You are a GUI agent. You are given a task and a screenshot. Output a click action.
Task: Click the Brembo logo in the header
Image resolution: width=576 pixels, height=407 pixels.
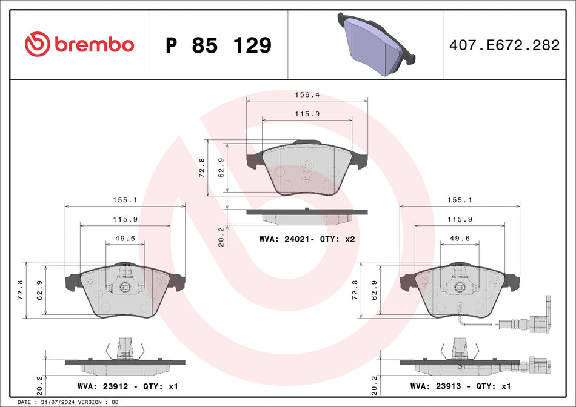tap(79, 44)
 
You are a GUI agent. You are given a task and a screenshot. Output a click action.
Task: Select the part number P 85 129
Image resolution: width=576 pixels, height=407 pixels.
tap(218, 45)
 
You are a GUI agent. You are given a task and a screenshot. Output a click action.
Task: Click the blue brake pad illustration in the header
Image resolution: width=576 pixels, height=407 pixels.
tap(376, 44)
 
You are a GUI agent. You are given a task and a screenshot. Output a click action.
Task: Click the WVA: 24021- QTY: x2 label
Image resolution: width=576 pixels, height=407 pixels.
tap(307, 240)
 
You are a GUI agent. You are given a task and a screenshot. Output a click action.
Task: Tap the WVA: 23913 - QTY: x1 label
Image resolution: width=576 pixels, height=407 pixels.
tap(461, 386)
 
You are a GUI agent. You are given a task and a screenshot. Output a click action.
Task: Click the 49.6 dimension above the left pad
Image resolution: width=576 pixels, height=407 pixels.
tap(125, 238)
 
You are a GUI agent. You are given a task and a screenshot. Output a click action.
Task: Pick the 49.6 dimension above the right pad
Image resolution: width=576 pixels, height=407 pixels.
tap(460, 238)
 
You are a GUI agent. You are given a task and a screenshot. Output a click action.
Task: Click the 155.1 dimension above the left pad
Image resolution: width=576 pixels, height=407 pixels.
tap(125, 199)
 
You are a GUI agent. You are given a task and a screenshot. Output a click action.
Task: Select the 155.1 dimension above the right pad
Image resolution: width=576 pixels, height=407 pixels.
tap(460, 199)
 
